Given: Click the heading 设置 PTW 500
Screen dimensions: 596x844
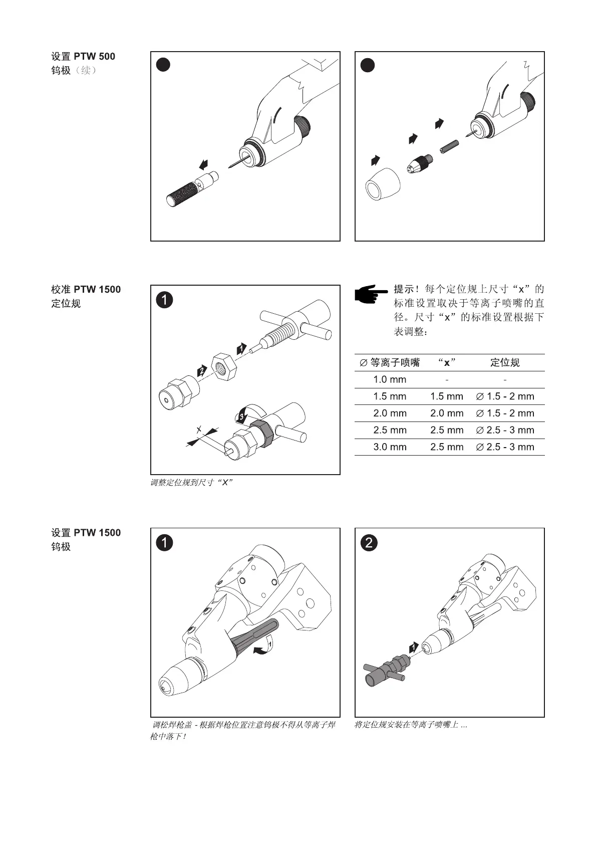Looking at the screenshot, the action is point(83,56).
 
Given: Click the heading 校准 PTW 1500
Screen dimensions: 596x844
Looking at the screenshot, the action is point(86,289).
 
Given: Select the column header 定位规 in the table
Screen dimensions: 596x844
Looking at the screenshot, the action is point(504,362).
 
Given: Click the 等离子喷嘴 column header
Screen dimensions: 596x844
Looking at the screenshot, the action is point(390,362).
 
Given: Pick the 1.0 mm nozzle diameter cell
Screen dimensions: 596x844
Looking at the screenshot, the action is point(390,379).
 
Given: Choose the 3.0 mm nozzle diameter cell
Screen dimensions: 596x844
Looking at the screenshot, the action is point(390,447).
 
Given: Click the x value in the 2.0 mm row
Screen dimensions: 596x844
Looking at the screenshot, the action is point(446,413).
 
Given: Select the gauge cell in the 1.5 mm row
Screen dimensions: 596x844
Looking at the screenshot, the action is point(504,396).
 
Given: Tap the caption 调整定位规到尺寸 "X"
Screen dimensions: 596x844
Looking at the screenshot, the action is point(192,483).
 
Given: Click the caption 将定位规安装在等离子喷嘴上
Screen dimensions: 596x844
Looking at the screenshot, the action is point(411,725).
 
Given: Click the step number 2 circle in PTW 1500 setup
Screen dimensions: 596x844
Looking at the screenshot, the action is point(369,543).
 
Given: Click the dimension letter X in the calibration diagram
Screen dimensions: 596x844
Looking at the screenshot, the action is point(199,430).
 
